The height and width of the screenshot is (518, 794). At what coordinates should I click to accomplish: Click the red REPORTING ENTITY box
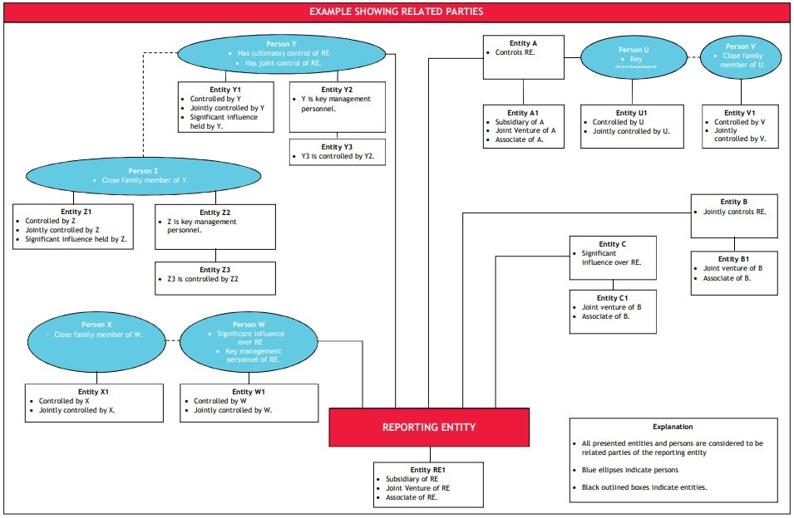point(429,427)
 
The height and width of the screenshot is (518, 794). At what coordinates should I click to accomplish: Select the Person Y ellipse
point(282,54)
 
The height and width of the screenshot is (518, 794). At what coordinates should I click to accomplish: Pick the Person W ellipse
point(249,340)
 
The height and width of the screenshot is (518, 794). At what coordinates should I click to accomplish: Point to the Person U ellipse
point(634,56)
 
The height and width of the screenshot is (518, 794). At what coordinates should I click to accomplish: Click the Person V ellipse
point(740,56)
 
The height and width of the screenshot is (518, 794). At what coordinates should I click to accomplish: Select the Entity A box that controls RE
point(523,56)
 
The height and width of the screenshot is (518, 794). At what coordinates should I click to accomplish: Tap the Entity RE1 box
point(428,484)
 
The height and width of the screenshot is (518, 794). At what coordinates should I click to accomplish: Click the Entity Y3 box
point(337,151)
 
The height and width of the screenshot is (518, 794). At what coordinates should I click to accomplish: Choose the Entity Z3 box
point(215,278)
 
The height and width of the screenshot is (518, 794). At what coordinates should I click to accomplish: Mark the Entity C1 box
point(613,311)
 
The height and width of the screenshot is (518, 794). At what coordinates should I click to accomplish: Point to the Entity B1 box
point(733,273)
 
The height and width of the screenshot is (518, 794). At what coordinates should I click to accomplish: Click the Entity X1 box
point(94,403)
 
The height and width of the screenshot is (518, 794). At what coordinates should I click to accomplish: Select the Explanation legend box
point(673,460)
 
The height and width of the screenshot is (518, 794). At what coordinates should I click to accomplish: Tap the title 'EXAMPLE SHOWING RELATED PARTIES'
point(396,12)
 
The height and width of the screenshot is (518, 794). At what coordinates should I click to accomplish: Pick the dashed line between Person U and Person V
point(692,56)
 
